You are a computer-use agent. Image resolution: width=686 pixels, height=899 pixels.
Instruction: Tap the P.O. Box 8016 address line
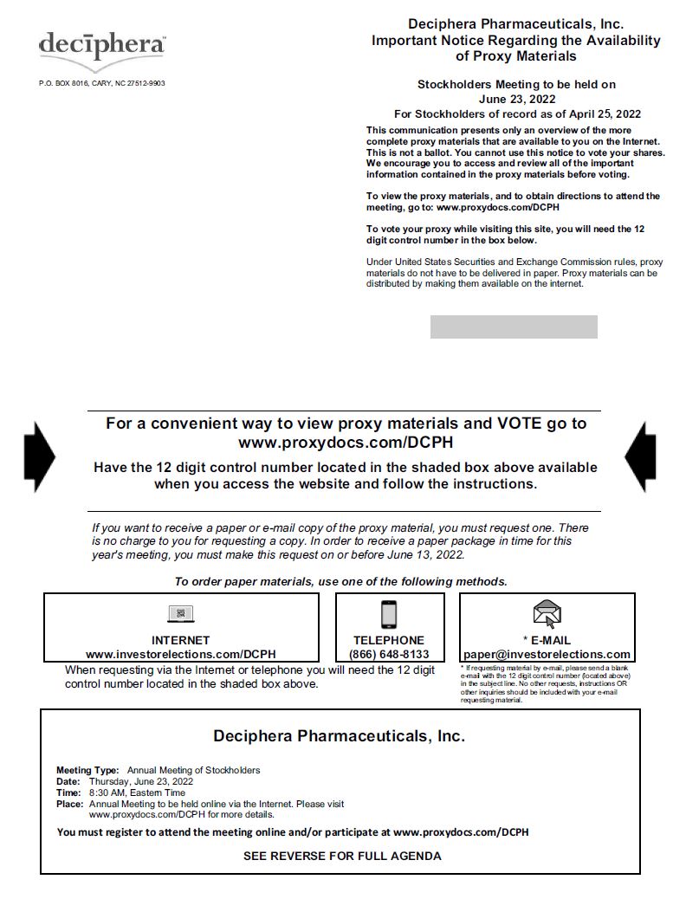pos(101,83)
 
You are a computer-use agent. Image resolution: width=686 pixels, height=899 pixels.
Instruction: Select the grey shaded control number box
pos(514,327)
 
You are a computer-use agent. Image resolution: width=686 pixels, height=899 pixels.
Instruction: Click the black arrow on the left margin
pos(42,456)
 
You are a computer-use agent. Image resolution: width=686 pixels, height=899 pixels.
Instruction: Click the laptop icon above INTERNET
pos(181,614)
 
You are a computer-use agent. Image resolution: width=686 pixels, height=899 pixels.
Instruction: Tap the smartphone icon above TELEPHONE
pos(389,614)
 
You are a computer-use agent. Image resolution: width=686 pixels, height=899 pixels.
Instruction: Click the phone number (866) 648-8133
pos(389,654)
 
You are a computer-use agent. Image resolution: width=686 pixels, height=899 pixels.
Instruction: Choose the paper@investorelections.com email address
pos(547,654)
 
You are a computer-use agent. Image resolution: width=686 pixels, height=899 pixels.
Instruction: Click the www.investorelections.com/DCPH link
pos(180,654)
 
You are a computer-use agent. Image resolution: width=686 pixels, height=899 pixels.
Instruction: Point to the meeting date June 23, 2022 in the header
pos(516,99)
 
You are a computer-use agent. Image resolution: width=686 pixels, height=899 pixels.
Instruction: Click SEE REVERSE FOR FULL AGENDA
pos(342,856)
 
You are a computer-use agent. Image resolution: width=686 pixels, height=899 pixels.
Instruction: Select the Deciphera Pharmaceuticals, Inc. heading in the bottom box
pos(339,736)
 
